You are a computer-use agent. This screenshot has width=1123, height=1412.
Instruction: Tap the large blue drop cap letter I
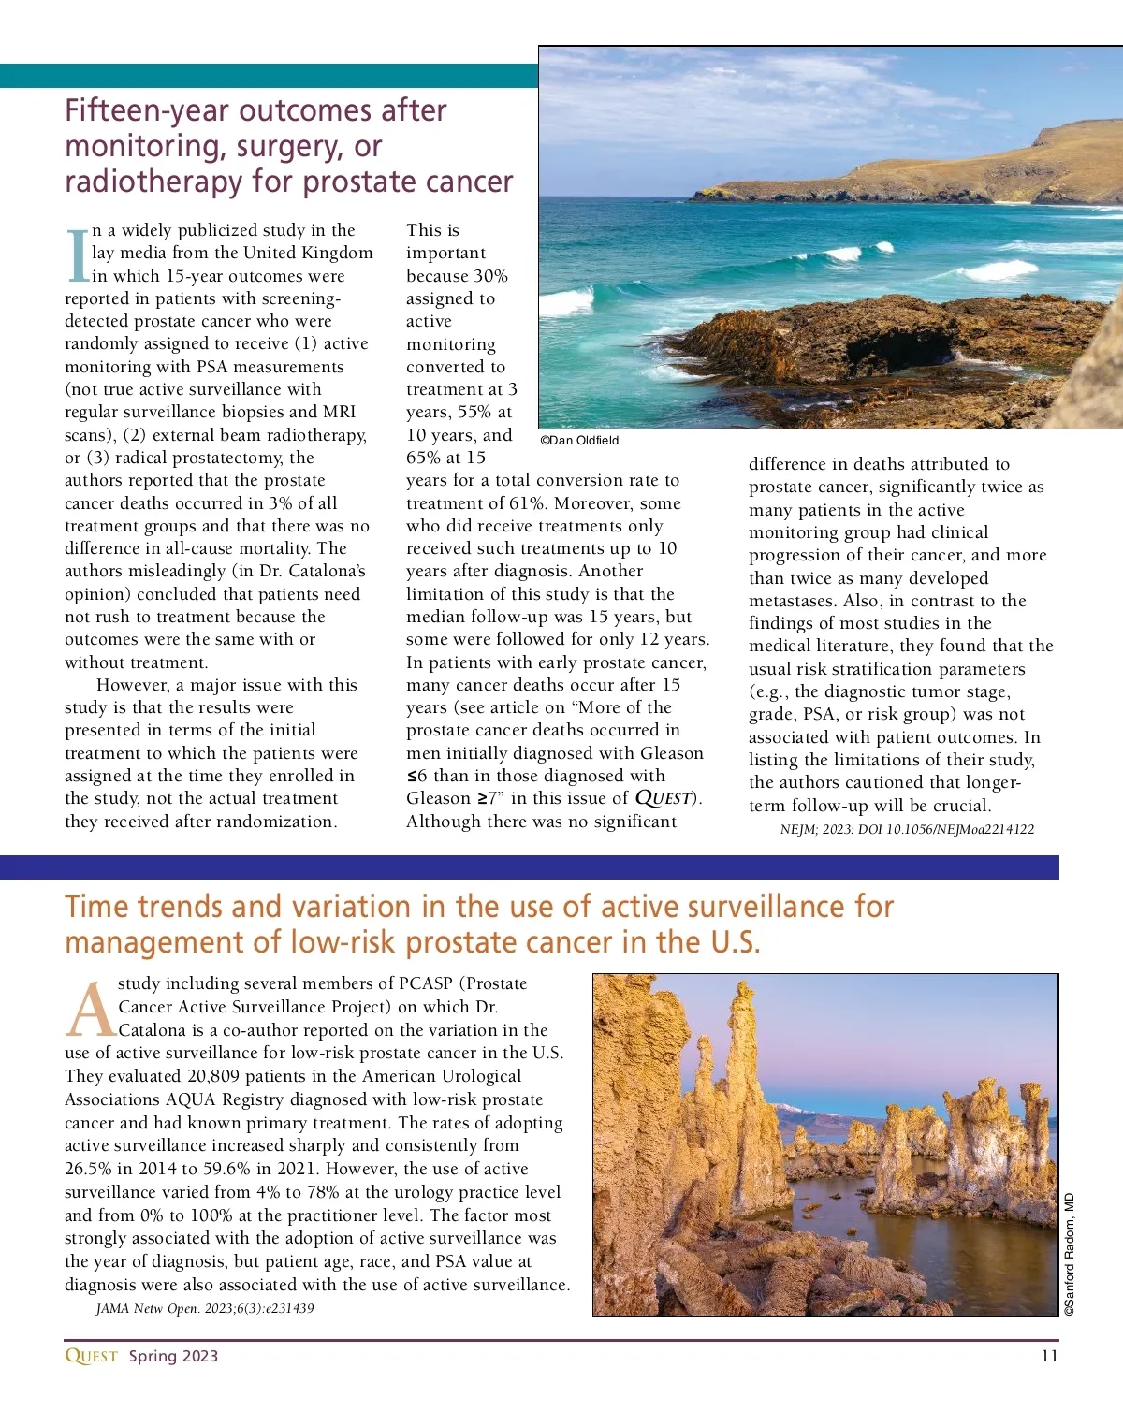click(x=78, y=255)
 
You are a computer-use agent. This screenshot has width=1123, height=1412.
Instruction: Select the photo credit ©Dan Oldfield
click(x=579, y=441)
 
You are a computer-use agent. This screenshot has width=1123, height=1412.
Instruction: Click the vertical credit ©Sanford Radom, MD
click(x=1070, y=1254)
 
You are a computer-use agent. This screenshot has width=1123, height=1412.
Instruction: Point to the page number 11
click(x=1049, y=1356)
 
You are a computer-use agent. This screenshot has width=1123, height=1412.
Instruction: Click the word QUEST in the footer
click(x=91, y=1356)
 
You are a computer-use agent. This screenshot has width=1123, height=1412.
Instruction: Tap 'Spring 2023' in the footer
click(x=173, y=1356)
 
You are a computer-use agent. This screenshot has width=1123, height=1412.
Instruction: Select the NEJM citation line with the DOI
click(x=907, y=829)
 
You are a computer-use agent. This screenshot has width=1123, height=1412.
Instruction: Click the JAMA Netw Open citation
click(x=204, y=1308)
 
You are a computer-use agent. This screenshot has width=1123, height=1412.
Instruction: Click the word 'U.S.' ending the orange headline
click(x=735, y=942)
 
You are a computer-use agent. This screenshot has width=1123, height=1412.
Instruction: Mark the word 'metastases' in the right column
click(x=794, y=601)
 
